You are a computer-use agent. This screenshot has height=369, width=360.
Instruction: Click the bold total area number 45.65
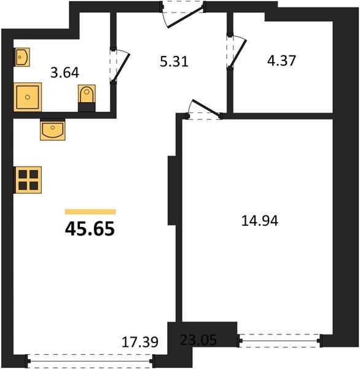tap(90, 229)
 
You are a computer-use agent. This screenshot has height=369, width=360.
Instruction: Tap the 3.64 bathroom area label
tap(65, 73)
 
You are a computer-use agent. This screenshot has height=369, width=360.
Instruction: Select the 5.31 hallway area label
tap(174, 62)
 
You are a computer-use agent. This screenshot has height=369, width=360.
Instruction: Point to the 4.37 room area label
tap(281, 60)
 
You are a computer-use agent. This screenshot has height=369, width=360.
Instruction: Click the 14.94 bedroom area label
tap(260, 221)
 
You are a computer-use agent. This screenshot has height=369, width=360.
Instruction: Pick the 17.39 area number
tap(140, 342)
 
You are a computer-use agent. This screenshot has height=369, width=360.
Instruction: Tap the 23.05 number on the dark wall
tap(198, 340)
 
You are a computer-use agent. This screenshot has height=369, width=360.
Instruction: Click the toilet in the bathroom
tap(87, 93)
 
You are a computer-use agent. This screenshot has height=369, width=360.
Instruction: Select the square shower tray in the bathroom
tap(28, 97)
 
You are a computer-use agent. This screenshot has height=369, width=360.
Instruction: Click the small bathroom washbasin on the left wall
tap(22, 57)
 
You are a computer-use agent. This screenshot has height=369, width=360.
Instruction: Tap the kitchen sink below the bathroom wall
tap(52, 130)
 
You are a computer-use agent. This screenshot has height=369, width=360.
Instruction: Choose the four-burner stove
tap(28, 180)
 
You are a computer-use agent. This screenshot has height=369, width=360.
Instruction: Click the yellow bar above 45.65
tap(90, 212)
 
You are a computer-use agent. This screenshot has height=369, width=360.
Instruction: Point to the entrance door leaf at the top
tap(186, 18)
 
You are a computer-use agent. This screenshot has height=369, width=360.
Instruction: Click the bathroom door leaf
tap(121, 68)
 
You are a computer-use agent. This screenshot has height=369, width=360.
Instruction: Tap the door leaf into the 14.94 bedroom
tap(207, 108)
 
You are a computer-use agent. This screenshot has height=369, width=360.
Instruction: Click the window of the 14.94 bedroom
tap(280, 341)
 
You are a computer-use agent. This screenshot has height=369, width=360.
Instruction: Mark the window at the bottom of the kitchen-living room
tap(90, 361)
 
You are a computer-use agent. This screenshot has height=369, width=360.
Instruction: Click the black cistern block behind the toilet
tap(87, 107)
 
